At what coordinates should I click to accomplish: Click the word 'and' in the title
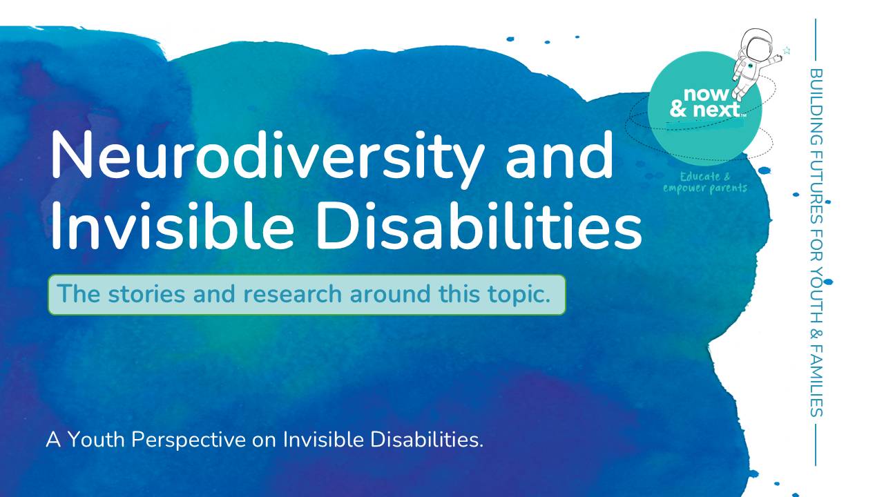coord(559,155)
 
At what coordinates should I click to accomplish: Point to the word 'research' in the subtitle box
coord(293,294)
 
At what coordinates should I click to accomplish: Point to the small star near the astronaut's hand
coord(787,50)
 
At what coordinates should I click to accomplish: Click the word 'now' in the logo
coord(707,95)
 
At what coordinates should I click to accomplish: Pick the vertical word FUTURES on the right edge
coord(816,175)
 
